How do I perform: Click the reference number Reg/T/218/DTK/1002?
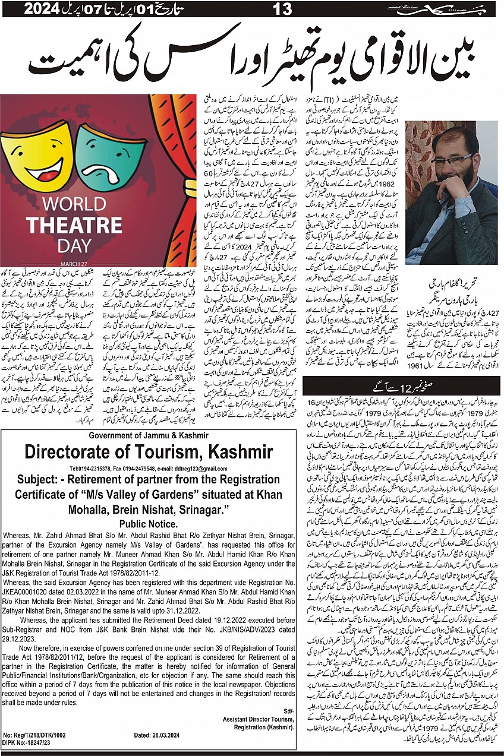pyautogui.click(x=40, y=735)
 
